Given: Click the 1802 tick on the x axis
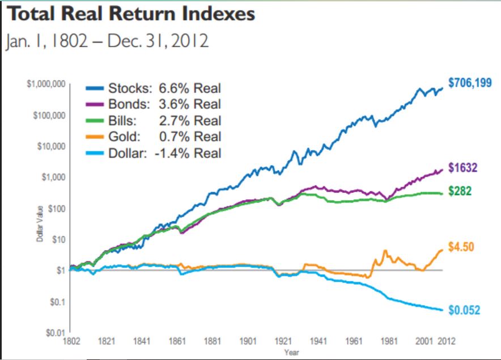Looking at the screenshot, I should coord(71,341).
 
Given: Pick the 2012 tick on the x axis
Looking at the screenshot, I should coord(446,341).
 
